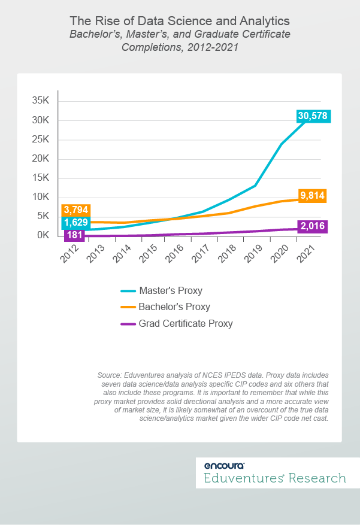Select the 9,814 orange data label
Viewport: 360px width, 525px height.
[309, 196]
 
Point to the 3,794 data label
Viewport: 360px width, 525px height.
[75, 210]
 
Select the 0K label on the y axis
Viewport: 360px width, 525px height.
[43, 235]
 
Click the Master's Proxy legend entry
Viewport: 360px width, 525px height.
[170, 291]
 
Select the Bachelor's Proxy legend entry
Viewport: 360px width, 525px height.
[174, 307]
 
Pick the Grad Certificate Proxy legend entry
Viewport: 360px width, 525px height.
[185, 323]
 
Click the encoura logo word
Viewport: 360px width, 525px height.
[224, 465]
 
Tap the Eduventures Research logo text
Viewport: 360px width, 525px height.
[275, 478]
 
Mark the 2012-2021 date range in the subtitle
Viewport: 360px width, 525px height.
[210, 47]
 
